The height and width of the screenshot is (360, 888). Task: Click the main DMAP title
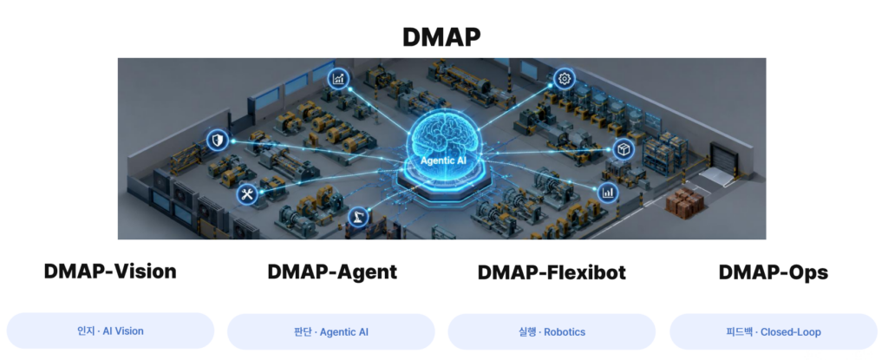click(441, 37)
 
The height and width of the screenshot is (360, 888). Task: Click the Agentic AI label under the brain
click(443, 161)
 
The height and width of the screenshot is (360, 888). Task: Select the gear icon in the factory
click(564, 79)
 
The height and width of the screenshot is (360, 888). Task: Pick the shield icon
click(218, 140)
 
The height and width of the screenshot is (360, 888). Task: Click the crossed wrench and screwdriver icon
click(247, 195)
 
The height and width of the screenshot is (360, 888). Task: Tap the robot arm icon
click(357, 217)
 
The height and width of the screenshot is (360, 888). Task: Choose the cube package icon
click(624, 149)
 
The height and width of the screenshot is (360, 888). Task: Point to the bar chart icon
click(608, 193)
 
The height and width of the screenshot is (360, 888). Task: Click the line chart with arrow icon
click(339, 79)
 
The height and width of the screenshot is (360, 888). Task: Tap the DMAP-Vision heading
click(110, 272)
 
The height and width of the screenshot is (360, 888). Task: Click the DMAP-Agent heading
click(332, 272)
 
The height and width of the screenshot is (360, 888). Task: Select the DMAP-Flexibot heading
click(552, 272)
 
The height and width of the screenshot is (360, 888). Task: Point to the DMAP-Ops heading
click(773, 272)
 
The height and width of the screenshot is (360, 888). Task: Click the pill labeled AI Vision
click(110, 331)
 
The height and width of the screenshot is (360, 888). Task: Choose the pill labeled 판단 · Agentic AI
click(330, 331)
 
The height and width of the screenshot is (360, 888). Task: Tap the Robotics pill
click(552, 331)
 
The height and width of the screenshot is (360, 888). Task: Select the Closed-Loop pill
click(773, 331)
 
